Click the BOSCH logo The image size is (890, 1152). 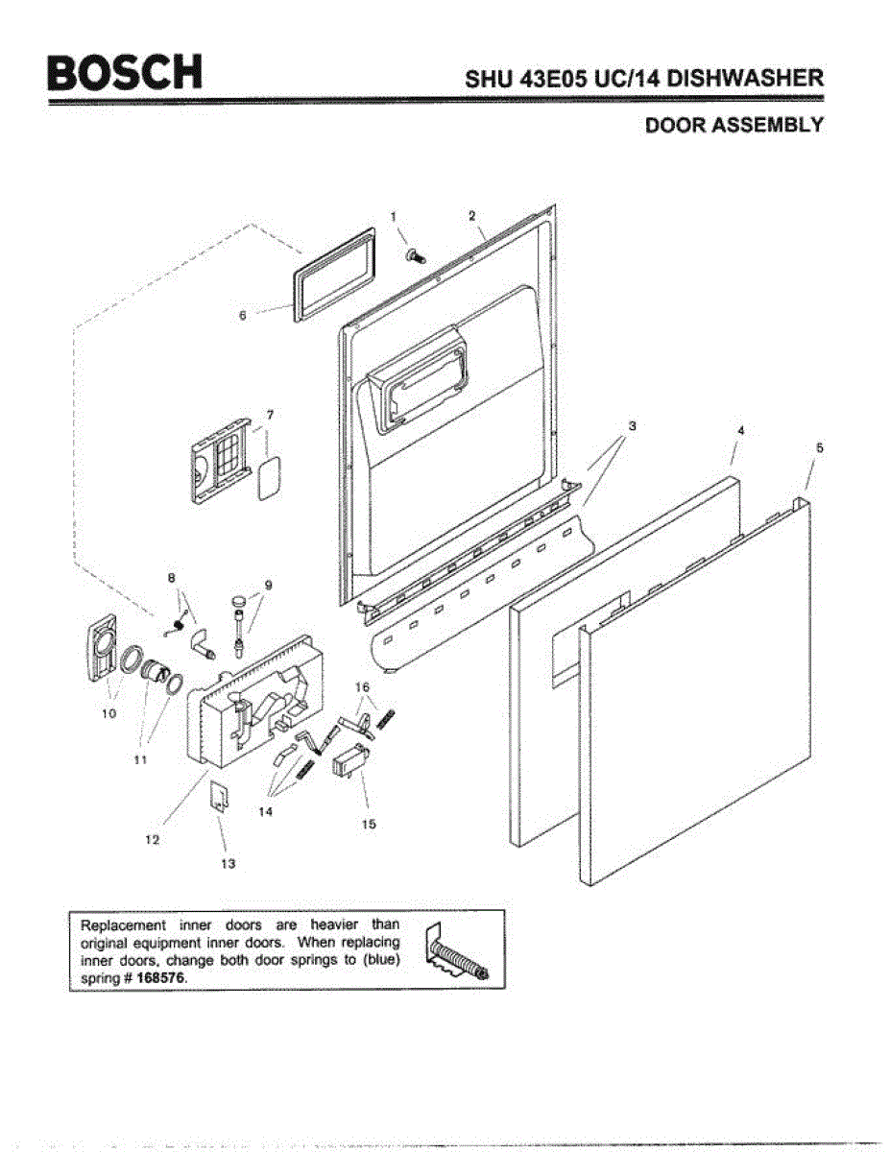(125, 71)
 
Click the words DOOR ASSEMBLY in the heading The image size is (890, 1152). (734, 126)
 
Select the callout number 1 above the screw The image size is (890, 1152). (393, 216)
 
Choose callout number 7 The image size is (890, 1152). (270, 415)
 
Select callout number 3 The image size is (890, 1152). (632, 424)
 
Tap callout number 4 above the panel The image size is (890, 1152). (740, 431)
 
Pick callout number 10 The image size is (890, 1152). (108, 713)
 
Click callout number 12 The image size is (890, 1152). (152, 839)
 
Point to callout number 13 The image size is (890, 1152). (228, 863)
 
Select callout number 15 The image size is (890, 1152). (369, 824)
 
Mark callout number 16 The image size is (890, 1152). (362, 686)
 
